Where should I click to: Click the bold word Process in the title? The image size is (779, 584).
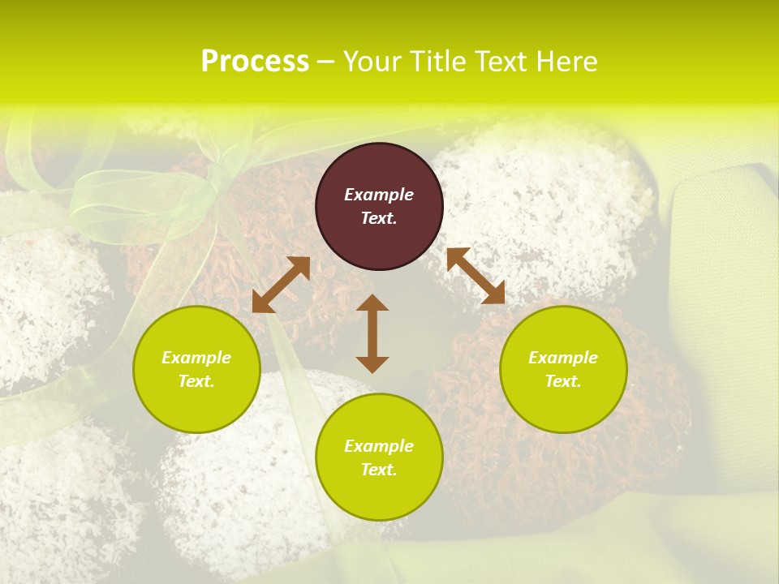255,62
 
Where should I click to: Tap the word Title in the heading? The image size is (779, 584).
444,62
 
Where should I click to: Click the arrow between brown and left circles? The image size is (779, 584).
281,285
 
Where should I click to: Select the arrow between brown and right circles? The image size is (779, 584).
476,276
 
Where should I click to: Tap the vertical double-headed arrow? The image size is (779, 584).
372,333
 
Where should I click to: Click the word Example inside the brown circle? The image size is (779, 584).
379,195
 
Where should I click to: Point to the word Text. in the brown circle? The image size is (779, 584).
379,218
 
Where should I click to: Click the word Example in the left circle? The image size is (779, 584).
196,358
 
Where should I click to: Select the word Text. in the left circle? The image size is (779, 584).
196,381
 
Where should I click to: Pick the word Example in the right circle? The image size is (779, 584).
563,358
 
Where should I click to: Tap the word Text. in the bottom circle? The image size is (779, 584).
379,470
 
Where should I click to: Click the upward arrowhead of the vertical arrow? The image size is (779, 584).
372,303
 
